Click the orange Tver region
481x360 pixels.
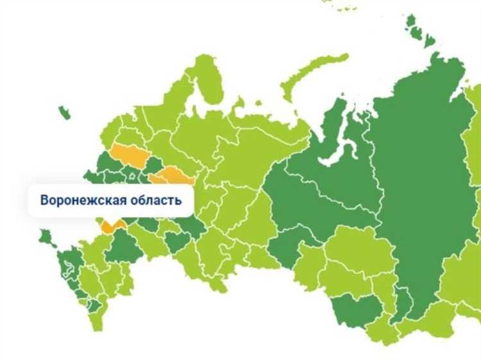[128, 156]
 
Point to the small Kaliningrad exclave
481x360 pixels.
[64, 113]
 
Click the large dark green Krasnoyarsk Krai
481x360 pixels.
[417, 192]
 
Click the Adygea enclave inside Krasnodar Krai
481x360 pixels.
[71, 277]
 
